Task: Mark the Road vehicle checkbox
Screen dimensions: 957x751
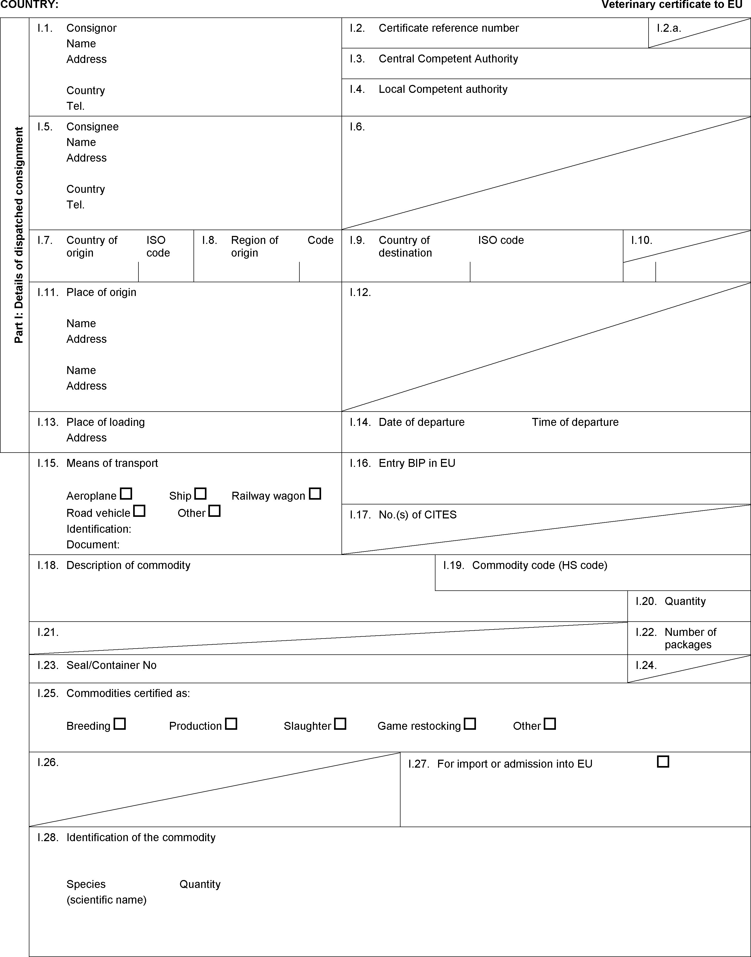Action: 140,511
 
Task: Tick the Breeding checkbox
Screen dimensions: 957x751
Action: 120,724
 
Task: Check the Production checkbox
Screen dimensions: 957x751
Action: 231,724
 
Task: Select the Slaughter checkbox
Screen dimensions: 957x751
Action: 340,724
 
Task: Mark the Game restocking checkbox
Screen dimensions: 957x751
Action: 470,724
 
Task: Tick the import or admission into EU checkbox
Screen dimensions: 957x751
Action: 663,762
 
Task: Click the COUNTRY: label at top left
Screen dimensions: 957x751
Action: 29,5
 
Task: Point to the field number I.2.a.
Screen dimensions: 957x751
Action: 669,28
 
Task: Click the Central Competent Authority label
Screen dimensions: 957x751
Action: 448,59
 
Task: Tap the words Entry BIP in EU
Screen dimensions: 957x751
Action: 417,463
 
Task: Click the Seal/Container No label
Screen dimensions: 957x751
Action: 111,665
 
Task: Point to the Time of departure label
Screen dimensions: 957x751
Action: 575,422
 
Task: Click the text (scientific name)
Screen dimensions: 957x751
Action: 106,900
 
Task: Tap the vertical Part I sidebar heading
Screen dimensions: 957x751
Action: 19,235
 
